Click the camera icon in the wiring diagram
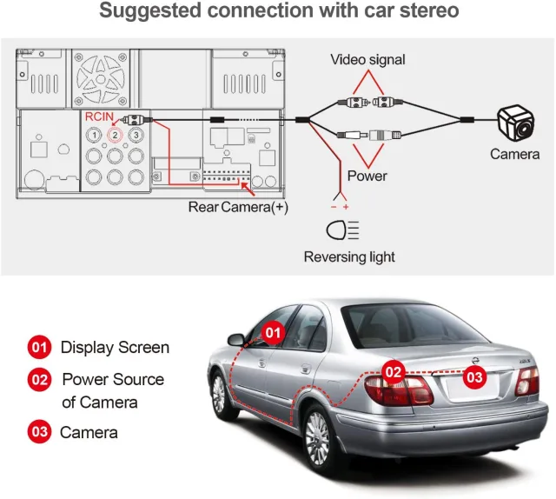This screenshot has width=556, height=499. [x=516, y=123]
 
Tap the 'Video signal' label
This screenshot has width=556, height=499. [x=367, y=60]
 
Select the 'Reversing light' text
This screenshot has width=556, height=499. [x=349, y=256]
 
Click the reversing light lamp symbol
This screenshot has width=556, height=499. [x=342, y=230]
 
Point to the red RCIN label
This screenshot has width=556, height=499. [x=99, y=116]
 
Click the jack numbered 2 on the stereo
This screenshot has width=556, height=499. [x=115, y=135]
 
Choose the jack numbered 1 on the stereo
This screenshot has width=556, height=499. [x=94, y=135]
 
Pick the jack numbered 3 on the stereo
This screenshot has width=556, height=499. [x=136, y=135]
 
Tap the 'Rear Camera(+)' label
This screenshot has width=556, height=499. [x=238, y=207]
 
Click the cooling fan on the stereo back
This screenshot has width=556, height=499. [x=101, y=79]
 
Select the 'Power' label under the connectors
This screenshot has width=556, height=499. [x=367, y=176]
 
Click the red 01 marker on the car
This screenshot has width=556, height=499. [x=273, y=333]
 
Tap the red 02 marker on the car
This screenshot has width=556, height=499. [x=394, y=372]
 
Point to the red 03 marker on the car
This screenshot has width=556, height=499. [x=475, y=377]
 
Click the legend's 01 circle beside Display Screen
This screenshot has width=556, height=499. [x=39, y=347]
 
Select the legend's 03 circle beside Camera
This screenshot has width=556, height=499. [x=39, y=431]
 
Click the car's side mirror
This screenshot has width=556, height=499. [x=236, y=340]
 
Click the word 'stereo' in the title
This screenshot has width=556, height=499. [x=429, y=10]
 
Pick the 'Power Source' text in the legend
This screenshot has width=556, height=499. [x=113, y=379]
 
